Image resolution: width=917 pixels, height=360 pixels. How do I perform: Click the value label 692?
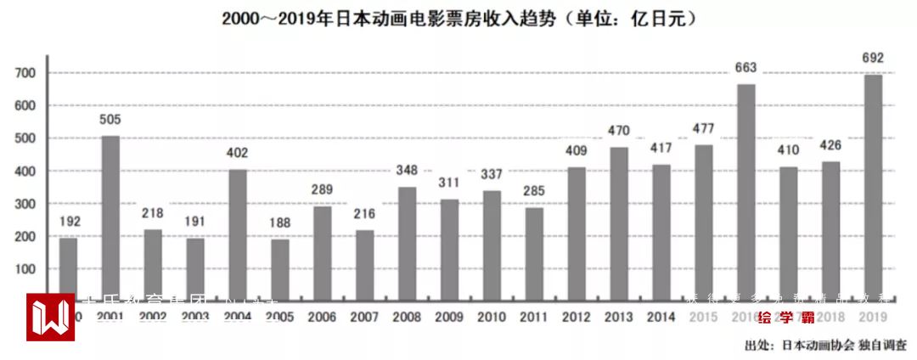(873, 59)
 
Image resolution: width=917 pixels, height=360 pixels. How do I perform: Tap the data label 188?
(280, 222)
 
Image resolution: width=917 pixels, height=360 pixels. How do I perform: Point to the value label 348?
(407, 171)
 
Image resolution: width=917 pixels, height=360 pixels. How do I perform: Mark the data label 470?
(619, 131)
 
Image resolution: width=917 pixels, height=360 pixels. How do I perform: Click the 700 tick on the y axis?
(24, 74)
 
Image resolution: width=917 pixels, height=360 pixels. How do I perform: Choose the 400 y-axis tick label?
(24, 172)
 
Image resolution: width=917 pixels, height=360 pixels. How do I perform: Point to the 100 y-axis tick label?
(24, 269)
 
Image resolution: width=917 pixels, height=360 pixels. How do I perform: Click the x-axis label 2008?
(407, 317)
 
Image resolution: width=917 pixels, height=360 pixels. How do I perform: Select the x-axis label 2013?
(619, 317)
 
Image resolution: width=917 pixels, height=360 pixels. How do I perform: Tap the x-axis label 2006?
(323, 317)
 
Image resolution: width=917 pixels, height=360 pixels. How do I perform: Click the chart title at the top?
(459, 18)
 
